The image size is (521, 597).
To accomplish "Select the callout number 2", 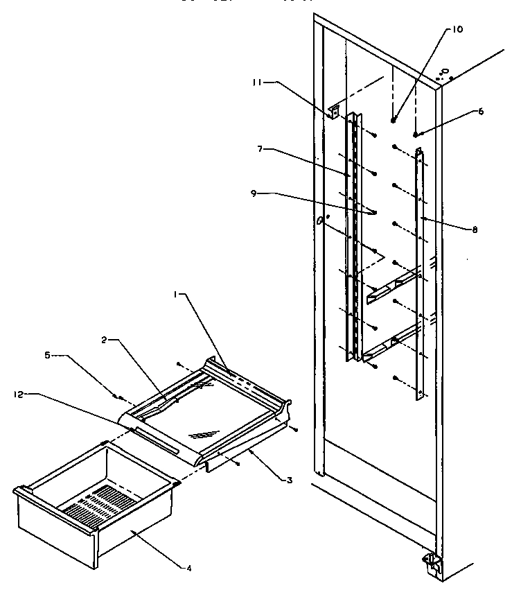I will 103,340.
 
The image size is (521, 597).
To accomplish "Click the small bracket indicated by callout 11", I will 334,111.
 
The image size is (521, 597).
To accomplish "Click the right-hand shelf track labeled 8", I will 420,277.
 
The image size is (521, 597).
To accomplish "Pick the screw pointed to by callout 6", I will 417,134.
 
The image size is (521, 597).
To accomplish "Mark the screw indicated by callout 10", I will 393,119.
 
